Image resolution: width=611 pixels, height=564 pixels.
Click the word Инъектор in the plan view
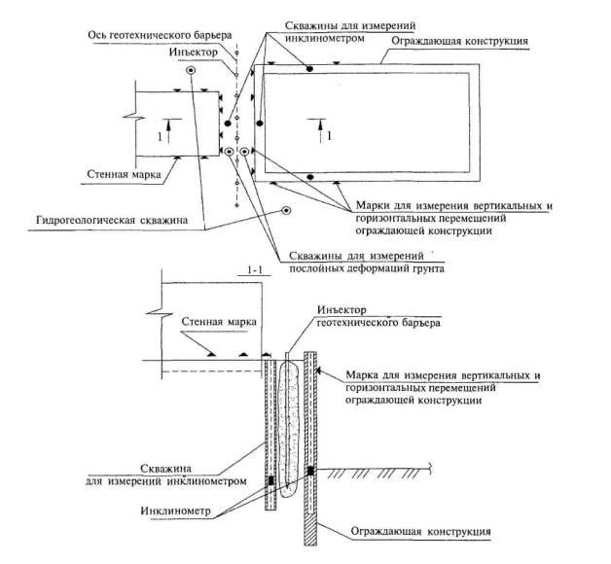pos(193,51)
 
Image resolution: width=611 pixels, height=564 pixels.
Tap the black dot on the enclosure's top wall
pos(309,70)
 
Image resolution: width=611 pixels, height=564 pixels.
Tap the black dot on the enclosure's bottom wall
pos(309,176)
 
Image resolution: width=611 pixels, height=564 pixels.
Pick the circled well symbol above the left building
pos(192,71)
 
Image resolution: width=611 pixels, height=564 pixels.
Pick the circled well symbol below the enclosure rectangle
pos(285,210)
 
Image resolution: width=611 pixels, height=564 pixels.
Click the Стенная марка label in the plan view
pos(116,176)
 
